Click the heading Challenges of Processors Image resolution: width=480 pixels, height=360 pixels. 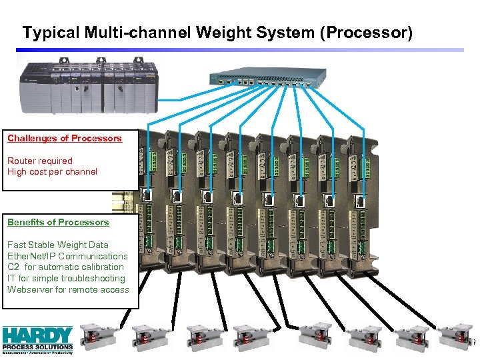pyautogui.click(x=65, y=139)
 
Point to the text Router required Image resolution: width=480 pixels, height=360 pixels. pyautogui.click(x=40, y=161)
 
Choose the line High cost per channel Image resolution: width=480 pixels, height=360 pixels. pyautogui.click(x=52, y=172)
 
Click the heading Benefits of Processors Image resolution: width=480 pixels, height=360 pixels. pyautogui.click(x=58, y=222)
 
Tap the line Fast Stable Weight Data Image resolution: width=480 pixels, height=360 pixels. pyautogui.click(x=58, y=245)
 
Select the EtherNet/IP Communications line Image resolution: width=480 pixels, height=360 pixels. pyautogui.click(x=67, y=256)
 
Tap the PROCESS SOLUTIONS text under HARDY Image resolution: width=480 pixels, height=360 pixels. pyautogui.click(x=37, y=347)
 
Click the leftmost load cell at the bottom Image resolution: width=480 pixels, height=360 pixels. pyautogui.click(x=99, y=337)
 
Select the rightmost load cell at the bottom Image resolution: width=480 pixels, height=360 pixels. pyautogui.click(x=455, y=337)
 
